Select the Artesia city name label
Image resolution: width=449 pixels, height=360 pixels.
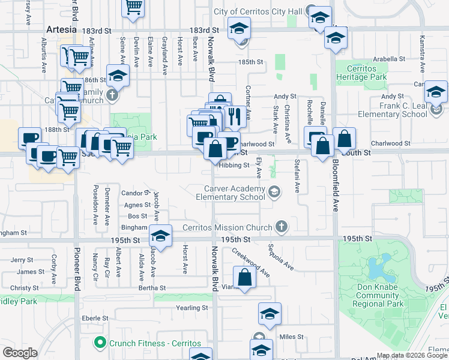61,29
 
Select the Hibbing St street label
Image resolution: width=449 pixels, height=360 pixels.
234,166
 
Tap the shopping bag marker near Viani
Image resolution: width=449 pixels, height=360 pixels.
244,278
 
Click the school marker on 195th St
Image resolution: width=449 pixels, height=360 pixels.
160,235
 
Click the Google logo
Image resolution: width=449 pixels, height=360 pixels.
20,353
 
